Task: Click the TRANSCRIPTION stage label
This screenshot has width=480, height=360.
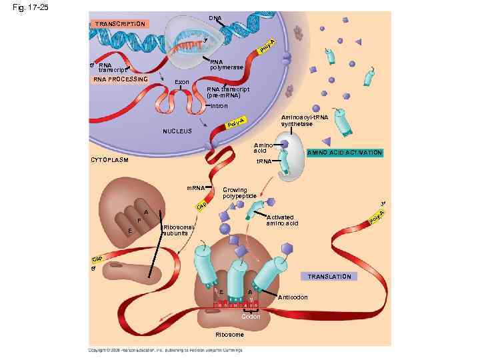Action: [119, 24]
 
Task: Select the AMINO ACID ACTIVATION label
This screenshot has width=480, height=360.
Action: [344, 153]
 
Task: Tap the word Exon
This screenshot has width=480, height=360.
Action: [182, 82]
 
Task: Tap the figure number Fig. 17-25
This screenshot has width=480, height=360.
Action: [25, 8]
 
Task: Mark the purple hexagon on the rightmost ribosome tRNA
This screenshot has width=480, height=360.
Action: [287, 248]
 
